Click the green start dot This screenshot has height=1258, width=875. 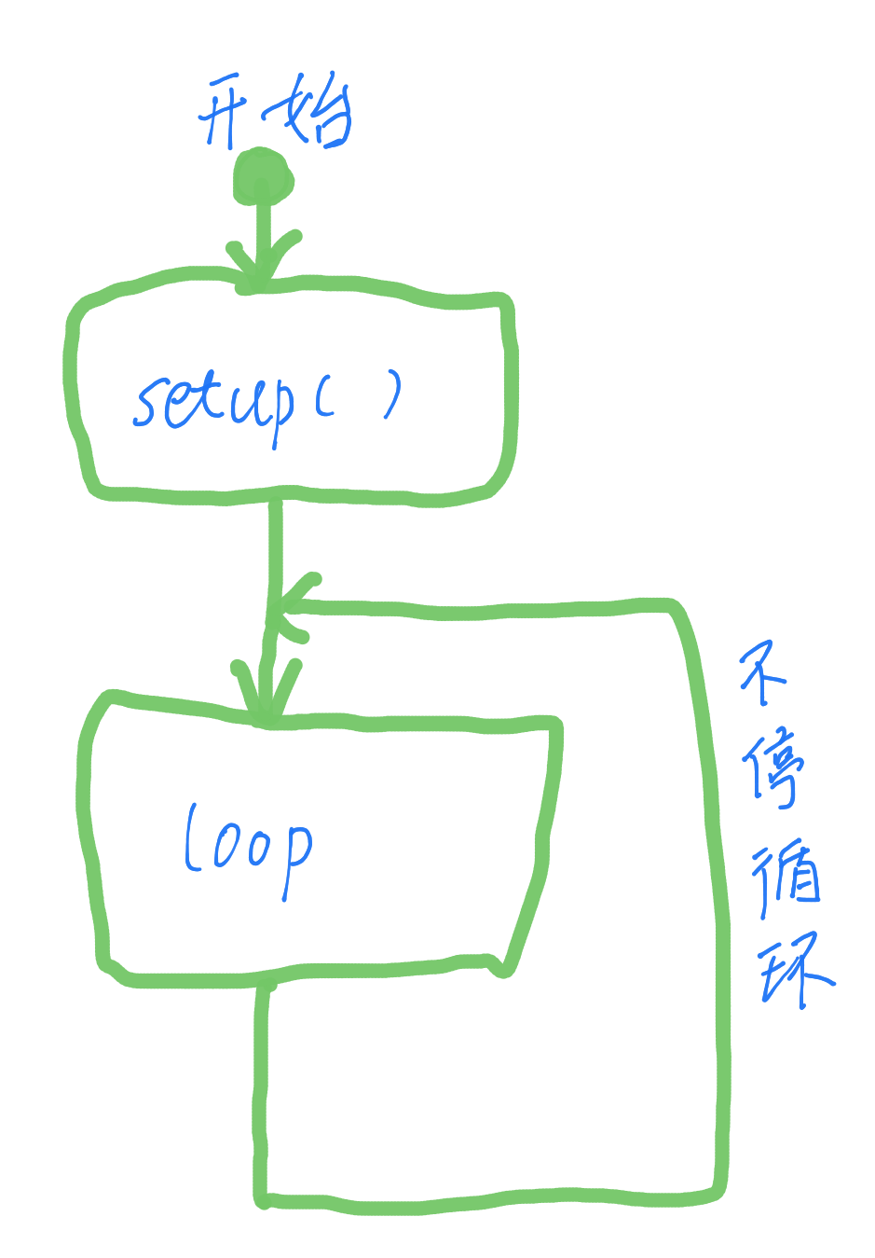point(263,177)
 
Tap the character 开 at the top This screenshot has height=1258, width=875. point(223,112)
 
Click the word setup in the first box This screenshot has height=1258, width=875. point(213,406)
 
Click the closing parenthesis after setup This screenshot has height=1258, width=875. point(393,394)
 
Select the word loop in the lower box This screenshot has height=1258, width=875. point(248,850)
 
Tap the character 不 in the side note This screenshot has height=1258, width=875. point(763,672)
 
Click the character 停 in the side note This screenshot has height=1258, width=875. point(773,768)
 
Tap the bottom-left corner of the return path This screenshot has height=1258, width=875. point(262,1199)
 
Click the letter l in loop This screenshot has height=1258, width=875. point(192,836)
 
